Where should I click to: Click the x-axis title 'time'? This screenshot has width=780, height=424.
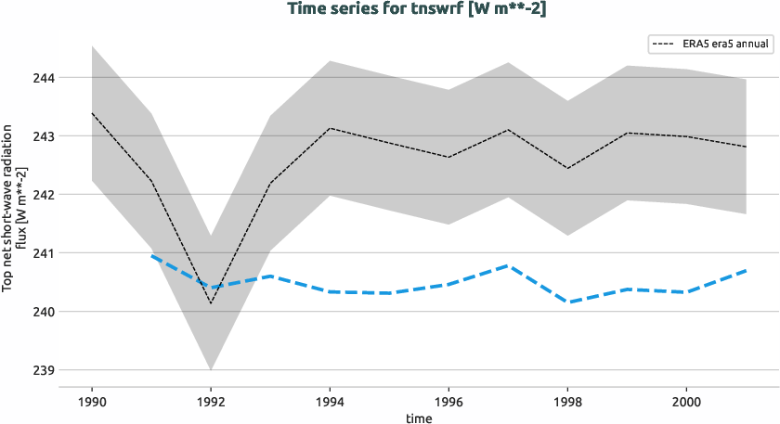419,418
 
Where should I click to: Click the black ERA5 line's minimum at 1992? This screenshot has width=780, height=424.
211,302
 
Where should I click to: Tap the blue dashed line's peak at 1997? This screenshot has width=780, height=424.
508,265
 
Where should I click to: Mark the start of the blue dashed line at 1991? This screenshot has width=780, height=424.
151,256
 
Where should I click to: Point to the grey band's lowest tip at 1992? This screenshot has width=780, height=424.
211,369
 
